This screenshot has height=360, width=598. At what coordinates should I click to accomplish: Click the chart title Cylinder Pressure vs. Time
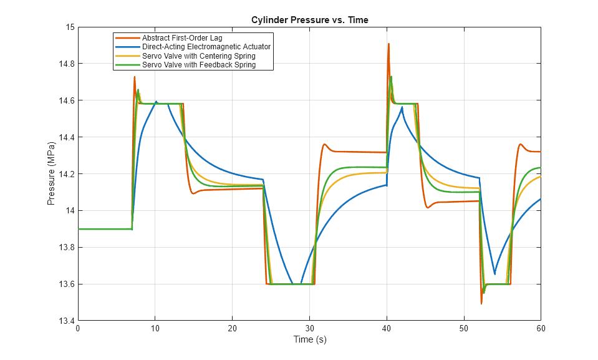click(x=309, y=20)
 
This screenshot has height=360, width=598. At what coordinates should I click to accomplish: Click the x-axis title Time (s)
click(x=309, y=340)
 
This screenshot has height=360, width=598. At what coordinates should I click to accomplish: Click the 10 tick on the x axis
click(x=155, y=328)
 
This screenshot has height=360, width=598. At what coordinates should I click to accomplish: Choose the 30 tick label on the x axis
click(x=309, y=328)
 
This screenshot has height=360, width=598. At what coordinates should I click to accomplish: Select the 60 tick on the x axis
click(x=540, y=328)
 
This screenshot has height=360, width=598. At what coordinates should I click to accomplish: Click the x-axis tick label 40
click(x=387, y=328)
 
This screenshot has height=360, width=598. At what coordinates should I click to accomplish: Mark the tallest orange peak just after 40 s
click(x=388, y=44)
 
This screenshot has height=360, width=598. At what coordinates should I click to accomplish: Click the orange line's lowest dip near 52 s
click(x=481, y=303)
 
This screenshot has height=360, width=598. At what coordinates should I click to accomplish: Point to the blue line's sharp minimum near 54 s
click(x=494, y=274)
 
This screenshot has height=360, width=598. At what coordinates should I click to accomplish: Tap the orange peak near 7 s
click(x=134, y=77)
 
